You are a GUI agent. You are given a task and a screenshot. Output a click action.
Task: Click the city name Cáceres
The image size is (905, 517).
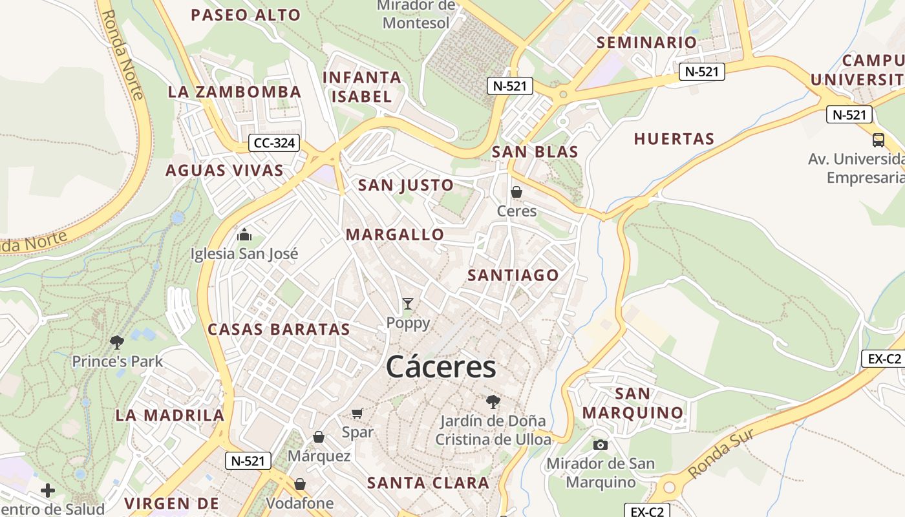click(x=441, y=367)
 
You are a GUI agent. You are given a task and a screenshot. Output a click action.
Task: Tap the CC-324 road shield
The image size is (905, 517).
click(x=275, y=143)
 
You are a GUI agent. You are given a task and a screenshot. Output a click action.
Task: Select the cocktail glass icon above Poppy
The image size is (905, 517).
click(x=408, y=303)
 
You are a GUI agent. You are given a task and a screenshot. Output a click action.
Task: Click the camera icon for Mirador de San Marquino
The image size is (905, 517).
click(x=601, y=445)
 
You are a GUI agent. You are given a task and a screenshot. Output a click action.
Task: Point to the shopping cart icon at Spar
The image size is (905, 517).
click(x=357, y=413)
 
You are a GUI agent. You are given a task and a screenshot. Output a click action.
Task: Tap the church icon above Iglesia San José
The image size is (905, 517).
click(x=244, y=234)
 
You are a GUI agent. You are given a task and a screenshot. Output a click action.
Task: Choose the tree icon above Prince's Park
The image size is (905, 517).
click(x=117, y=342)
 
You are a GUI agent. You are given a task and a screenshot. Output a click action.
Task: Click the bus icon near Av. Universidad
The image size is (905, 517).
click(x=878, y=140)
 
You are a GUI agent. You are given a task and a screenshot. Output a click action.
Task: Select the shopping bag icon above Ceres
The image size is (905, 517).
click(x=516, y=192)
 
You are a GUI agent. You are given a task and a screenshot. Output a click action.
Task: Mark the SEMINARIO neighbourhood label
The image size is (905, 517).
click(x=646, y=43)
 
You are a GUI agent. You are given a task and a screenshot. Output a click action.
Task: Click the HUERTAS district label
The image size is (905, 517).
click(x=674, y=138)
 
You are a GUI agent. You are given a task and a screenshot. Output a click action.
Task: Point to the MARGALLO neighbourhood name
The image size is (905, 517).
click(x=395, y=234)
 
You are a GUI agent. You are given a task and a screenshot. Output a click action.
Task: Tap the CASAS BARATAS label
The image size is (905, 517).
click(x=279, y=329)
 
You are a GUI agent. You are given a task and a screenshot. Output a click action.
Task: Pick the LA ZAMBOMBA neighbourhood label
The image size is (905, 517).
click(x=235, y=92)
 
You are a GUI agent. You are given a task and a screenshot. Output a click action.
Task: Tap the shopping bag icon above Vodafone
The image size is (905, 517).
click(x=300, y=484)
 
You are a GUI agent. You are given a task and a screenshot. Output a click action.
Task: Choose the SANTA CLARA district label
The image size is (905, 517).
click(x=428, y=483)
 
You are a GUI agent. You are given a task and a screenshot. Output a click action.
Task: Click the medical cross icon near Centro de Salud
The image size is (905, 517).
click(x=48, y=491)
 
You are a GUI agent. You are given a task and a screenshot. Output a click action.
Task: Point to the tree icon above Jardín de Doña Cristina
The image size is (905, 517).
click(x=493, y=401)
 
